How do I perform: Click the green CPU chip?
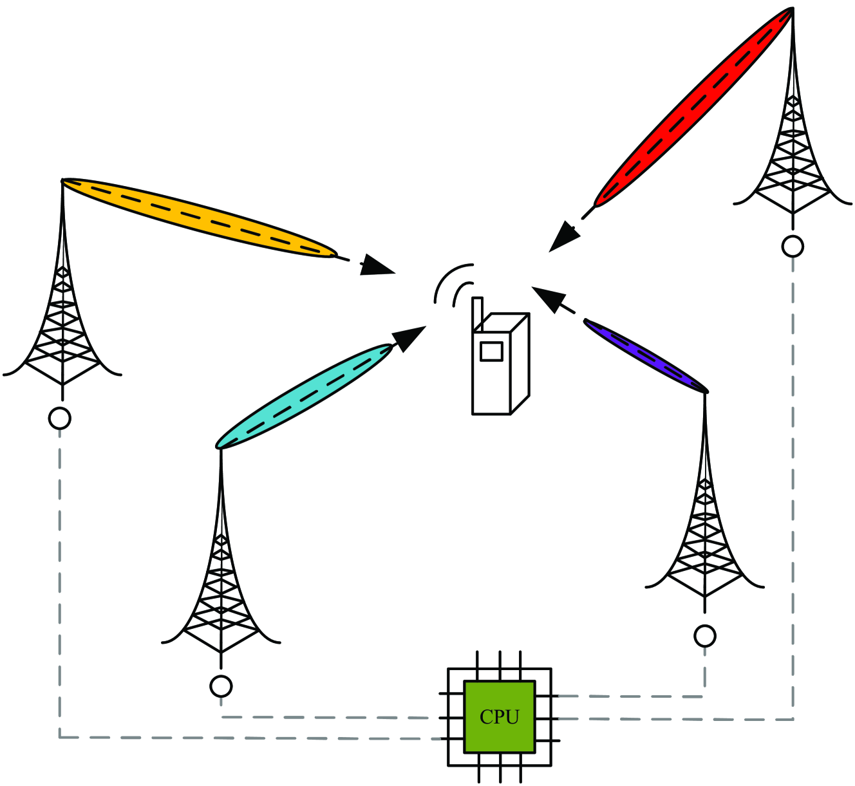click(499, 716)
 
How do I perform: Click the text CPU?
click(499, 717)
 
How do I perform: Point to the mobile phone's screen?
click(491, 351)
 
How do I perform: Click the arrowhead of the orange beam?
click(377, 266)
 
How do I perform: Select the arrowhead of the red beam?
click(565, 236)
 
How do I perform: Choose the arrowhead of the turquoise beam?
click(408, 338)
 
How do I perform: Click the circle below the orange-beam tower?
click(60, 418)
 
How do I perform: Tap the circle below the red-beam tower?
click(793, 247)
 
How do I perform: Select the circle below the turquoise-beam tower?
click(221, 686)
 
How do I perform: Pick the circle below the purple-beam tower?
click(705, 636)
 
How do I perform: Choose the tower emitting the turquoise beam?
click(221, 579)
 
